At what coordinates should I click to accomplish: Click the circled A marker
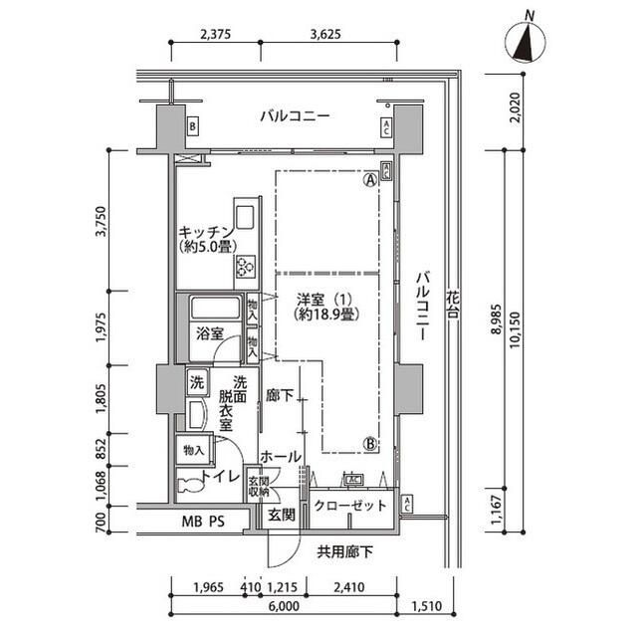coord(370,180)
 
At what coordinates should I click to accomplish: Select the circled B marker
coord(368,444)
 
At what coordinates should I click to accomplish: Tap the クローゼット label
coord(349,506)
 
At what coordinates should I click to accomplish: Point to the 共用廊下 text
coord(345,550)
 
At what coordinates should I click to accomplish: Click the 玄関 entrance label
coord(281,515)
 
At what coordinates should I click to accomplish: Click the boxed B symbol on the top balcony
coord(192,126)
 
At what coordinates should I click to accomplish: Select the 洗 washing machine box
coord(196,381)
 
